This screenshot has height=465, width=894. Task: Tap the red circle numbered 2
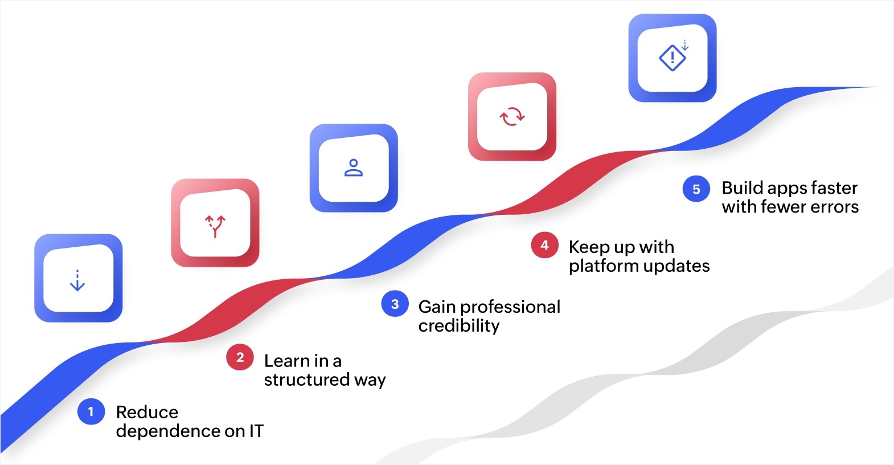pyautogui.click(x=240, y=357)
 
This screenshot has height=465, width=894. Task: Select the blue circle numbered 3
pyautogui.click(x=395, y=304)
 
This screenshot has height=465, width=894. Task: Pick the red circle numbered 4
pyautogui.click(x=544, y=245)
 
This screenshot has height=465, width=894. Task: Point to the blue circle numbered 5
pyautogui.click(x=696, y=189)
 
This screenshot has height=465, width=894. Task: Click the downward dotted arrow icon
pyautogui.click(x=77, y=280)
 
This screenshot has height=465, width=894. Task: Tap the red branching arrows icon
pyautogui.click(x=215, y=226)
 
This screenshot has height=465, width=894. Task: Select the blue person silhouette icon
pyautogui.click(x=354, y=168)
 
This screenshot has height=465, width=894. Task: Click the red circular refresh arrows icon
pyautogui.click(x=512, y=116)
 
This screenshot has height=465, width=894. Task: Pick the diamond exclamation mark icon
pyautogui.click(x=673, y=57)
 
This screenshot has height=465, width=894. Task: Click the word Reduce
pyautogui.click(x=147, y=412)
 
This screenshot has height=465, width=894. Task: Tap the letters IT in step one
pyautogui.click(x=256, y=431)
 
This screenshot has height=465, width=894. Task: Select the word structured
pyautogui.click(x=307, y=380)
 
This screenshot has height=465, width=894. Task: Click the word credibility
pyautogui.click(x=459, y=326)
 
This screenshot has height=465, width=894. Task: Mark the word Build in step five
pyautogui.click(x=742, y=188)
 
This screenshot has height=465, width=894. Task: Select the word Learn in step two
pyautogui.click(x=288, y=361)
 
